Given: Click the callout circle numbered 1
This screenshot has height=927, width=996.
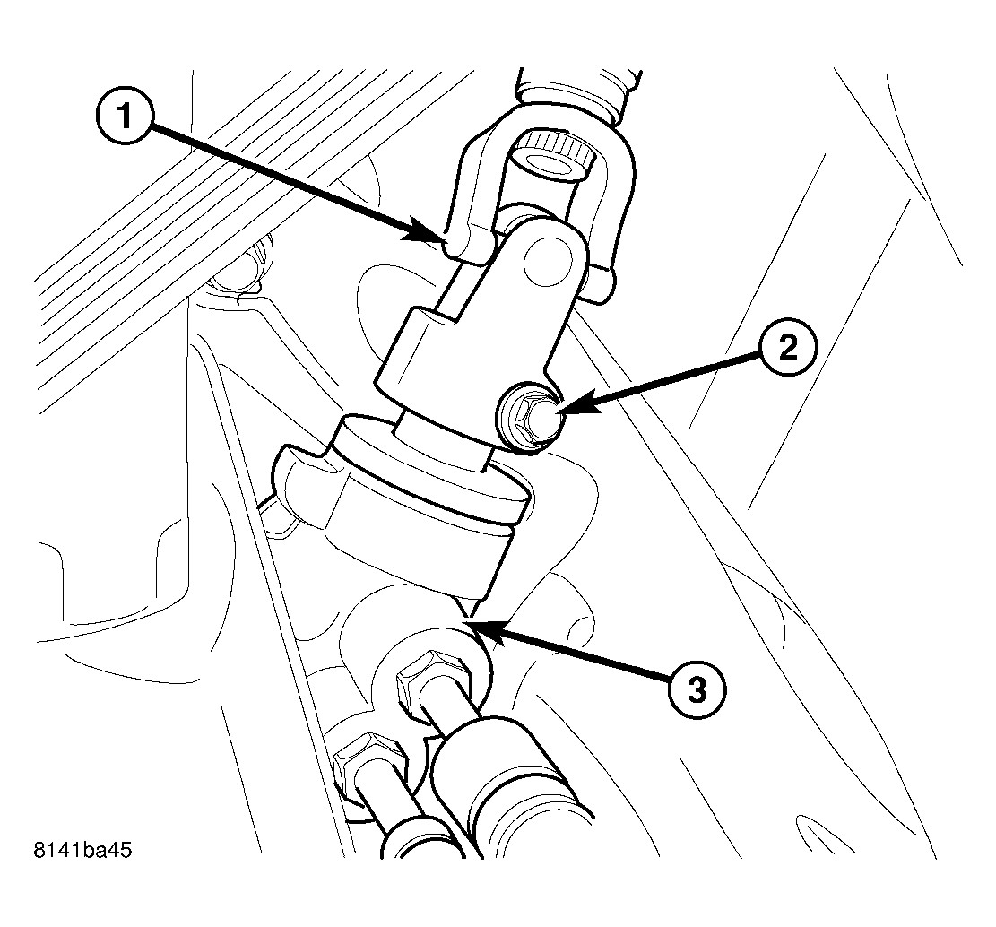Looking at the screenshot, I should click(126, 118).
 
